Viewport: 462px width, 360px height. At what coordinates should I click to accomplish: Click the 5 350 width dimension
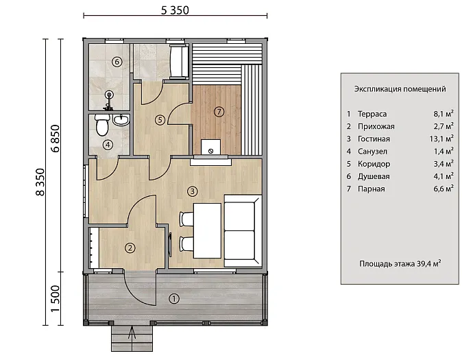(x=175, y=10)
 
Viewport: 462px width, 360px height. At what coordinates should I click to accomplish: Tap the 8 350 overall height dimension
(x=40, y=182)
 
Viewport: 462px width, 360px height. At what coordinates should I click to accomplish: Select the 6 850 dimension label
(x=55, y=139)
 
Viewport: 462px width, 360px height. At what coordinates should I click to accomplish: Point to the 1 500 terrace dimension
(x=55, y=298)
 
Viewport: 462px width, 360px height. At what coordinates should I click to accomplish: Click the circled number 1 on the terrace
(x=174, y=299)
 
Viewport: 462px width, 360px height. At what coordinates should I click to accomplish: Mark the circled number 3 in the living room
(x=193, y=191)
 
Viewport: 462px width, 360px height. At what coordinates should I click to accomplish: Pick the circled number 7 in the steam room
(x=219, y=112)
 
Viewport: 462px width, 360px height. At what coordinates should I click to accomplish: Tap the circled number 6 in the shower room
(x=117, y=62)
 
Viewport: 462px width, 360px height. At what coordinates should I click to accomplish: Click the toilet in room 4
(x=102, y=125)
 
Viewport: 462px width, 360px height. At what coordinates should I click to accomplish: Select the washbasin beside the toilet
(x=121, y=119)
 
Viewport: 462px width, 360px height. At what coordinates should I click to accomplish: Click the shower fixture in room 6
(x=109, y=100)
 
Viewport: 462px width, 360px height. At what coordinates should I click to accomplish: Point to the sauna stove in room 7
(x=210, y=147)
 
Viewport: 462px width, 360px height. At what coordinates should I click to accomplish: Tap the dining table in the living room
(x=207, y=230)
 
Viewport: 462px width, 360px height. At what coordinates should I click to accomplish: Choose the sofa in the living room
(x=243, y=231)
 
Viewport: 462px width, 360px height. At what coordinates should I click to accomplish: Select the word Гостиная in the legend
(x=374, y=139)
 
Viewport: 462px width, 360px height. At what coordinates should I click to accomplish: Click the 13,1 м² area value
(x=441, y=139)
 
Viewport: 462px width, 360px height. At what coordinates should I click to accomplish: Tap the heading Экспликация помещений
(x=400, y=88)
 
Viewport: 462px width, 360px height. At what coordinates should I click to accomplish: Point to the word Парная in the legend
(x=372, y=189)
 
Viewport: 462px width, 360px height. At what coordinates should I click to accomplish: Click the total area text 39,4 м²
(x=428, y=263)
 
